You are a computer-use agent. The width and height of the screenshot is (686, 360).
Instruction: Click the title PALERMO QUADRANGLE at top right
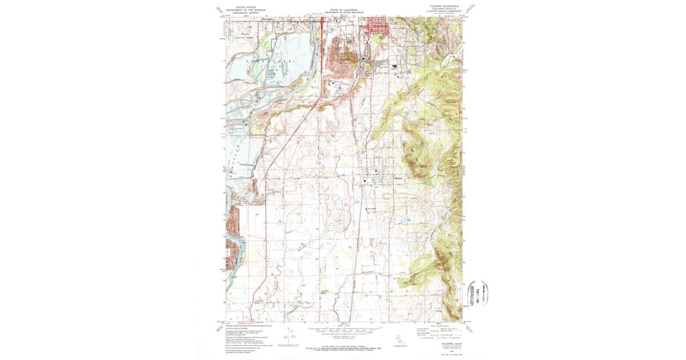[444, 5]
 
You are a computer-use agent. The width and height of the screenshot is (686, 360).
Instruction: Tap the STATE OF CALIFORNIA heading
[343, 10]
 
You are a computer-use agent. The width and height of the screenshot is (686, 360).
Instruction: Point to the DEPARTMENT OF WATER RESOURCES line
[343, 13]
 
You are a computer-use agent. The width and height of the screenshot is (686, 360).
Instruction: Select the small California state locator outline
[402, 341]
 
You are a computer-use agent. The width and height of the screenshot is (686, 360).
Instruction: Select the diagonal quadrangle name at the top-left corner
[218, 9]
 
